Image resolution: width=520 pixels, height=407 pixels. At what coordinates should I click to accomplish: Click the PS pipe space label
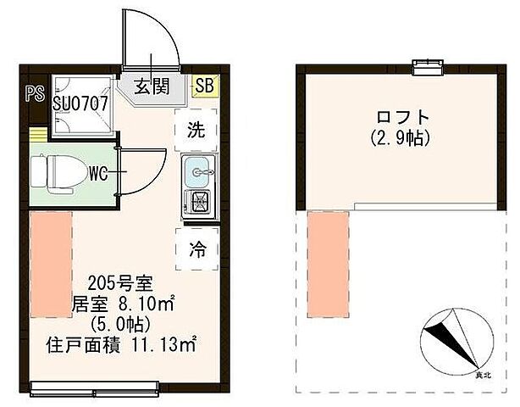(34, 93)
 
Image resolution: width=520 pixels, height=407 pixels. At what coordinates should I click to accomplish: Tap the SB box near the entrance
(205, 84)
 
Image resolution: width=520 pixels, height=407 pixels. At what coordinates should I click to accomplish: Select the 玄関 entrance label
(152, 85)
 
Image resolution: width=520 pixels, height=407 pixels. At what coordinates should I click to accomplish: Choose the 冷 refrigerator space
(196, 249)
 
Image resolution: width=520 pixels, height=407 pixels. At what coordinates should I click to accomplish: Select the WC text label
(98, 175)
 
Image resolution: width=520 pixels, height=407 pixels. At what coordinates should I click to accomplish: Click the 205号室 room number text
(124, 283)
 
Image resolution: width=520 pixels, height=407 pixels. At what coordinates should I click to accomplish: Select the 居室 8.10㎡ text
(124, 303)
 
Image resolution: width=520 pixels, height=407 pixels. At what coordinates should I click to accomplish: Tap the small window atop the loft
(420, 65)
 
